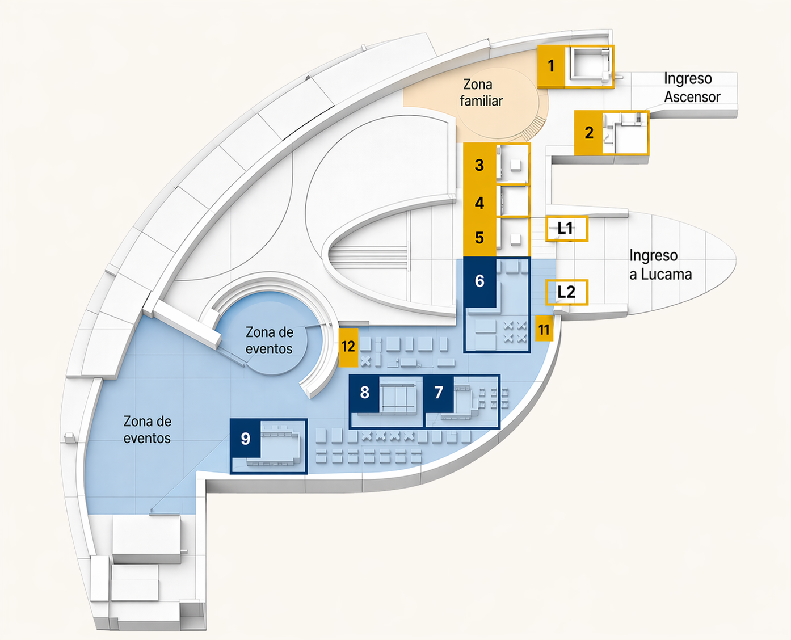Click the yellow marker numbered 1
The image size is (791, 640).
point(551,66)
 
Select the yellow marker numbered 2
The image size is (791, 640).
point(588,133)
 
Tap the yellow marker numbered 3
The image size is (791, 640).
point(479,165)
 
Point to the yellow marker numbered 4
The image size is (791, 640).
point(479,203)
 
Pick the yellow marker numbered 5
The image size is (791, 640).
point(479,237)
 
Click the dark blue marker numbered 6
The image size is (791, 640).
point(480,281)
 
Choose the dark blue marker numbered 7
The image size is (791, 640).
point(439,393)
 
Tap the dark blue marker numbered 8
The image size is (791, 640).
point(365,393)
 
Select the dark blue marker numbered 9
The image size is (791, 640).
point(246,439)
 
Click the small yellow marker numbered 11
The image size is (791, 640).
point(544,330)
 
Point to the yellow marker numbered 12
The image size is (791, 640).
point(348,346)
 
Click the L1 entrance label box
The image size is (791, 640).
point(566,229)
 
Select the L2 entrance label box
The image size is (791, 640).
point(566,292)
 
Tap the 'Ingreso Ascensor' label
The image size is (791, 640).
point(692,88)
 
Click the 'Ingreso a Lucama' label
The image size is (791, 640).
point(660,265)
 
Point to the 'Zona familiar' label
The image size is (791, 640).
point(481,92)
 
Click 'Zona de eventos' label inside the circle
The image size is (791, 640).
point(269,340)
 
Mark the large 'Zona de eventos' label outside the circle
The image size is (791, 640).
point(147,430)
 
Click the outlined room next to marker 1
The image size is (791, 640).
point(590,66)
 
